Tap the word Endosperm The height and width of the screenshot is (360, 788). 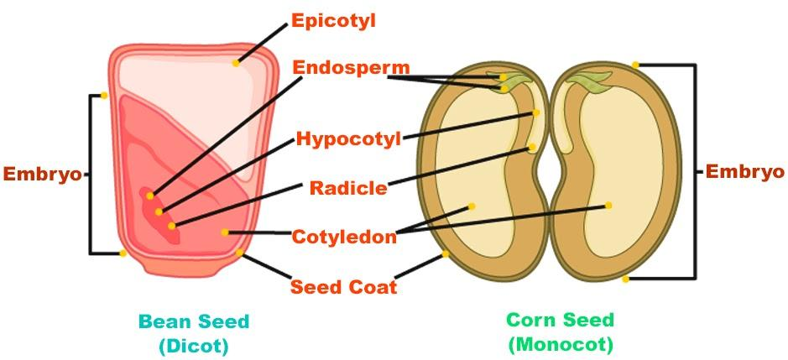[x=340, y=68]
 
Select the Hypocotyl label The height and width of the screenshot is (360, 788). [x=347, y=138]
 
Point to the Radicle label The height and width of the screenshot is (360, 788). [x=348, y=187]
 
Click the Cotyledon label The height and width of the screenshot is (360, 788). [x=344, y=237]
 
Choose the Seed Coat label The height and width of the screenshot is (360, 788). [x=343, y=286]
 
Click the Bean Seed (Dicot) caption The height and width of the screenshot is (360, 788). [x=194, y=332]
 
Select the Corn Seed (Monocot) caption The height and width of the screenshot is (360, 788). [x=560, y=331]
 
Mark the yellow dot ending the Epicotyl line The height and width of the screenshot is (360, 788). [x=237, y=62]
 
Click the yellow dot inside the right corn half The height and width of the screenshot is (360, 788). [x=608, y=205]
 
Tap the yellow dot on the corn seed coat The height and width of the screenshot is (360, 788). [x=446, y=253]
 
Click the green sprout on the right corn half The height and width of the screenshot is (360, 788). [x=590, y=81]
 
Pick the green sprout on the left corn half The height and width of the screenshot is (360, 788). [x=516, y=81]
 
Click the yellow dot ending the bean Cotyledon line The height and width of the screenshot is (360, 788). [x=225, y=232]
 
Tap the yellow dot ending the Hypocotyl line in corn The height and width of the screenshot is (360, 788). [x=536, y=112]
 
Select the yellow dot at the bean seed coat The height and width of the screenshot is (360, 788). [x=240, y=252]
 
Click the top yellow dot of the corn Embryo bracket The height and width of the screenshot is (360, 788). [x=635, y=65]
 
